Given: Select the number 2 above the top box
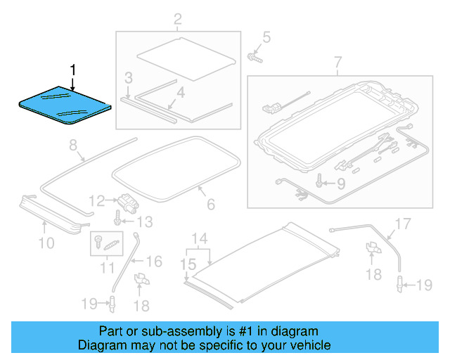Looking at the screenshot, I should click(177, 18).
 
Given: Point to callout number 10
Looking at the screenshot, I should click(46, 243).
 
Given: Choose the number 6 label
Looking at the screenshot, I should click(209, 207).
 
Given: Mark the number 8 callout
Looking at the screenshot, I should click(72, 146).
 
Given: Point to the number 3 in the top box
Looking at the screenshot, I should click(129, 77).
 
